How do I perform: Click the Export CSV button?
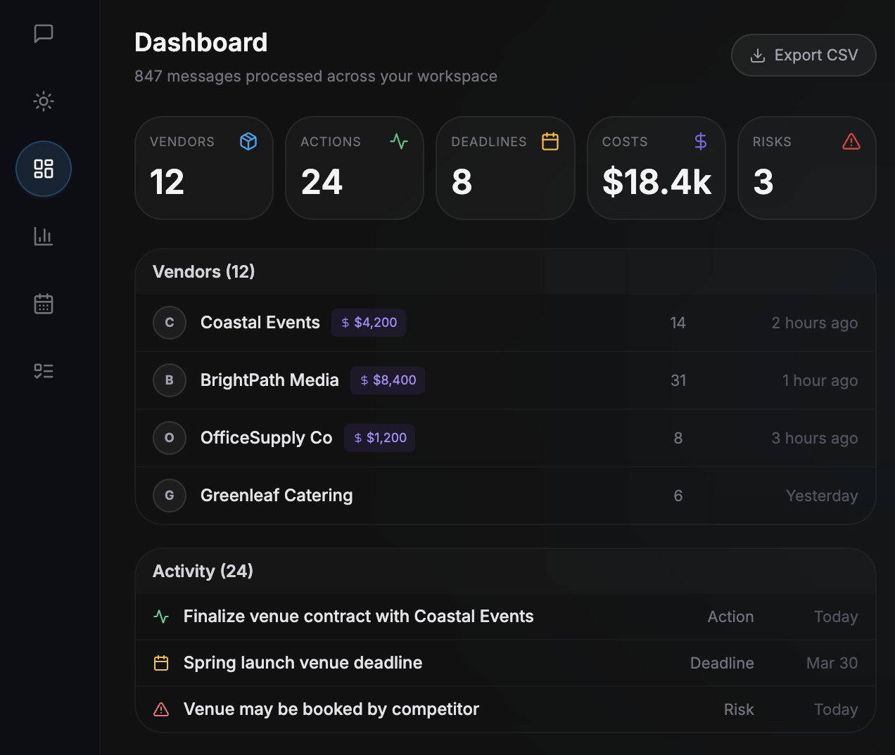[804, 55]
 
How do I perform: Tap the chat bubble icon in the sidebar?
[44, 33]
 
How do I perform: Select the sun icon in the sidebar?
[44, 101]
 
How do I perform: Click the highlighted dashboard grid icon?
[44, 169]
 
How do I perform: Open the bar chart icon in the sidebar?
[44, 236]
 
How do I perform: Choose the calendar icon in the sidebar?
[44, 304]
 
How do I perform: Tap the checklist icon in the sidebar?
[44, 371]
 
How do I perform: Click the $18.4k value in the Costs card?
[656, 182]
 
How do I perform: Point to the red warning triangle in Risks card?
[851, 142]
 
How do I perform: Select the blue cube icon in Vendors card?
[248, 142]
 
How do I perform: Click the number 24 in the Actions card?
[322, 182]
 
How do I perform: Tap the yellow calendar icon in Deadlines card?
[550, 142]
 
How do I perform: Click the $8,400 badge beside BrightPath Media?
[388, 380]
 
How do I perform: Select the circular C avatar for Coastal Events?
[170, 323]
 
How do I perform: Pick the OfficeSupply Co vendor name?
[266, 438]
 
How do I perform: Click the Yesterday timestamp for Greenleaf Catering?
[821, 496]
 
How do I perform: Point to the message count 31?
[678, 380]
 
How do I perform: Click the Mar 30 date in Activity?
[832, 663]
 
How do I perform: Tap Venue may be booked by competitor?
[331, 709]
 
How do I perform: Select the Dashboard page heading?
[201, 43]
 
